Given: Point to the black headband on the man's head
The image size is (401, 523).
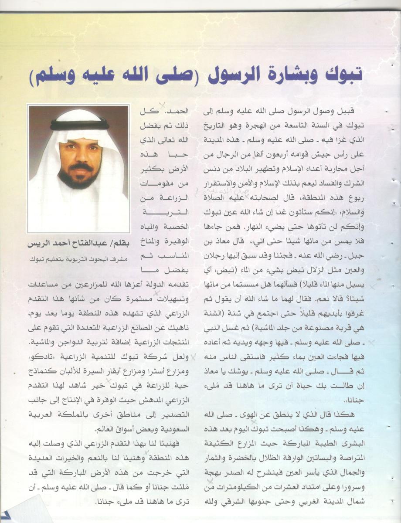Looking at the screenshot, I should click(x=79, y=125).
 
